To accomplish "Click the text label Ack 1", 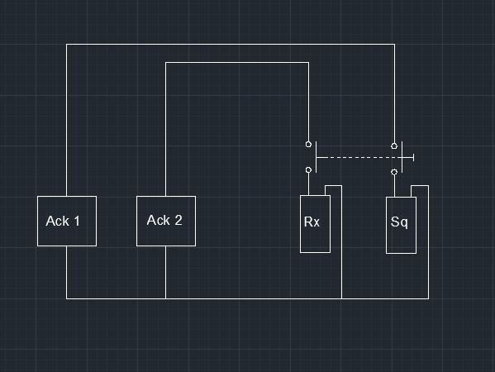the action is (63, 221).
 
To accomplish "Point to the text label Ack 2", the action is (164, 220).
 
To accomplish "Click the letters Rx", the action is (312, 222).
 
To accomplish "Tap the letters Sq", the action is (399, 222).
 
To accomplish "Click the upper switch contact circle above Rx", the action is (308, 145).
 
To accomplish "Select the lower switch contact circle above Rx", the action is (308, 170).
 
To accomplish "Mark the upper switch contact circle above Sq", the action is (394, 145).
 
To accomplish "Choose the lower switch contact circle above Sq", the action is (394, 172).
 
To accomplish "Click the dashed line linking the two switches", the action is (359, 157).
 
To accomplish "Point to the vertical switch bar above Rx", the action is (316, 157).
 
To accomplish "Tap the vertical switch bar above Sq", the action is (402, 157).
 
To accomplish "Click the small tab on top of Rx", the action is (333, 186).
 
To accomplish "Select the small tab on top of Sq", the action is (420, 186).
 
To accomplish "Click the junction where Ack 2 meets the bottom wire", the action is (166, 298).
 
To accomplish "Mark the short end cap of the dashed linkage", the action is (413, 157).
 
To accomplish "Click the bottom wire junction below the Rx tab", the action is (341, 298).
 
